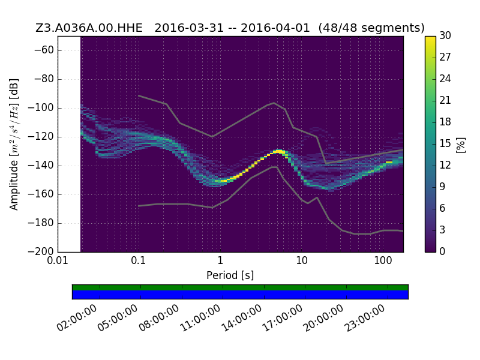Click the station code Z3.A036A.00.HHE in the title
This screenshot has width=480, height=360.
[x=89, y=28]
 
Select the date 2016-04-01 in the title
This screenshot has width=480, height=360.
[x=275, y=28]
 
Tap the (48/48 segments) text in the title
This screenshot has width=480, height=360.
[x=371, y=28]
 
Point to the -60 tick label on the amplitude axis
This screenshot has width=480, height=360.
[x=44, y=50]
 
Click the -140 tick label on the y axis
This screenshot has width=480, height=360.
[x=41, y=166]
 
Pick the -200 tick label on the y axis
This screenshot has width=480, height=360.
[x=41, y=251]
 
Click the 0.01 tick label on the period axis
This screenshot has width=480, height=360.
[x=58, y=260]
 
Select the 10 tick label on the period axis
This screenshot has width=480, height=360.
[x=302, y=260]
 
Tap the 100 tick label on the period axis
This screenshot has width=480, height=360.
[x=383, y=260]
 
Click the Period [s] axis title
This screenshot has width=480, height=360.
[x=230, y=275]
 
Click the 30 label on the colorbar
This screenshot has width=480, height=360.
[x=445, y=35]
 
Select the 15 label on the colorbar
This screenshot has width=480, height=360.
[x=445, y=143]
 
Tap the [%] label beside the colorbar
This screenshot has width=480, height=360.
[x=461, y=145]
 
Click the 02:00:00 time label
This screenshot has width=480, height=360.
[x=77, y=318]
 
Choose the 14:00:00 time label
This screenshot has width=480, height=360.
[x=242, y=318]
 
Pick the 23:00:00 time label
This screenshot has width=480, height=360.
[x=365, y=318]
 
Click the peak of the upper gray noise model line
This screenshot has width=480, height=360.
[x=274, y=103]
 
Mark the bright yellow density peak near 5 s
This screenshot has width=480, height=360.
[x=280, y=151]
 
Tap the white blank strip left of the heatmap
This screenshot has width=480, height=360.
[x=69, y=144]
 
